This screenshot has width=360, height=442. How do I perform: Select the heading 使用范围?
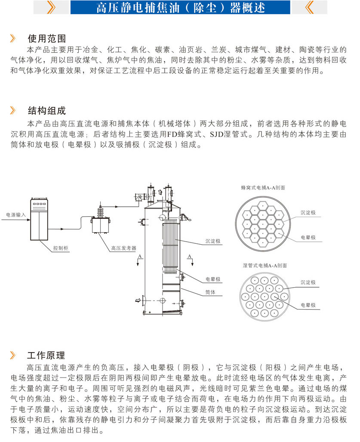tap(46, 38)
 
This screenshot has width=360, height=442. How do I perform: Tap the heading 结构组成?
tap(46, 111)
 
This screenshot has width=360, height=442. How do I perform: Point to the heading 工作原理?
tap(46, 355)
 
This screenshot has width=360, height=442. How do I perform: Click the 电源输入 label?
tap(16, 214)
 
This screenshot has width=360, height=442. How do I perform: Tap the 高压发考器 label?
tap(123, 248)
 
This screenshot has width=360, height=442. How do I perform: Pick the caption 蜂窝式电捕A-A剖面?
tap(263, 188)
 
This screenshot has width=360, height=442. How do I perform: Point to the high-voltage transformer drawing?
tap(102, 219)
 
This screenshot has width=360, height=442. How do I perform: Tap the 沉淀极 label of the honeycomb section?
tap(308, 213)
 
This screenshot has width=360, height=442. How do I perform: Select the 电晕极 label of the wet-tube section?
tap(308, 305)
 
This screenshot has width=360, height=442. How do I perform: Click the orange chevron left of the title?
tap(51, 8)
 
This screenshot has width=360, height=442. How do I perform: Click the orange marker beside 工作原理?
tap(13, 355)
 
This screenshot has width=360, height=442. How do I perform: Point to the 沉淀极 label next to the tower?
tap(212, 242)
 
